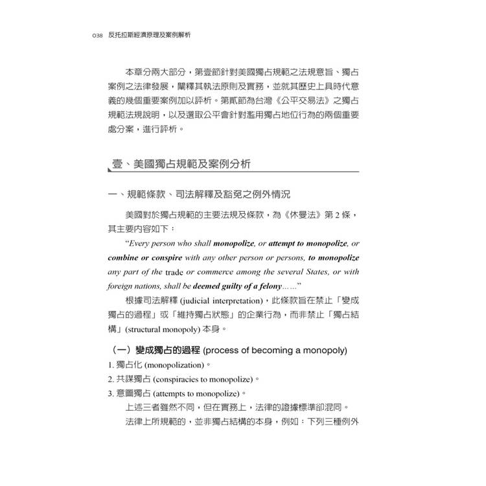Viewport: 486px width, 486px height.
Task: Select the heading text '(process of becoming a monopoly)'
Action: pyautogui.click(x=275, y=351)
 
